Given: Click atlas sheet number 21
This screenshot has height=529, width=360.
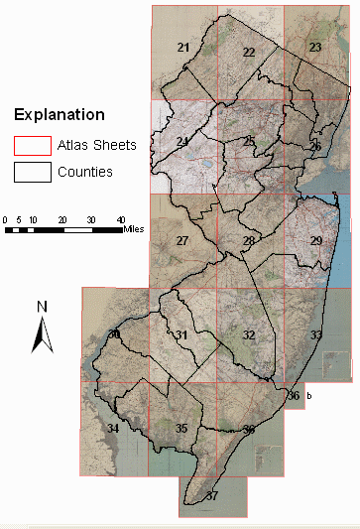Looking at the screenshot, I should point(183,48).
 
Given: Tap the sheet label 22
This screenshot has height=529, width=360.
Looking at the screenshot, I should point(249,52).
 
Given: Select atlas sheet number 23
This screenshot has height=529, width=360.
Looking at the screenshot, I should point(315,48).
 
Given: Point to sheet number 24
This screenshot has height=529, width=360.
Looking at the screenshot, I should point(182,143).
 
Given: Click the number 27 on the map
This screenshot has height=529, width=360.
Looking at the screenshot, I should point(182,241).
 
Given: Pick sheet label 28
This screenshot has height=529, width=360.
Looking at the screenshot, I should point(249,241).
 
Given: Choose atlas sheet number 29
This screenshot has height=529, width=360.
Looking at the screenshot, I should point(316,241).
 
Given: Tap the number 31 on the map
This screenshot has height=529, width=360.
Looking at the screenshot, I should point(181,336).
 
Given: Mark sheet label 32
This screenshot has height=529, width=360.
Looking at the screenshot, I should point(249,335).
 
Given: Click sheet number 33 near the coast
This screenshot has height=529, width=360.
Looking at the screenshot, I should point(316,336).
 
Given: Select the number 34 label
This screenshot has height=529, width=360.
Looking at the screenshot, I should point(113,428).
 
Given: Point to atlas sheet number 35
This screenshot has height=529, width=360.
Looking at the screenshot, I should point(181,428).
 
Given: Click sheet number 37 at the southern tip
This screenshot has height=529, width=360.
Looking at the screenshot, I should point(211,495).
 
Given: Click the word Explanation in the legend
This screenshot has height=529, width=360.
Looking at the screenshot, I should point(59,115).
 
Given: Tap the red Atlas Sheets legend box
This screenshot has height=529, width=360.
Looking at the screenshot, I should point(28,146).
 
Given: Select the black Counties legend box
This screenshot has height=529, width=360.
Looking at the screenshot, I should point(28,172).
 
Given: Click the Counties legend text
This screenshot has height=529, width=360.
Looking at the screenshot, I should point(86,172).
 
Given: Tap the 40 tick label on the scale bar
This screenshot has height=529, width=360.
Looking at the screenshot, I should point(121,218).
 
